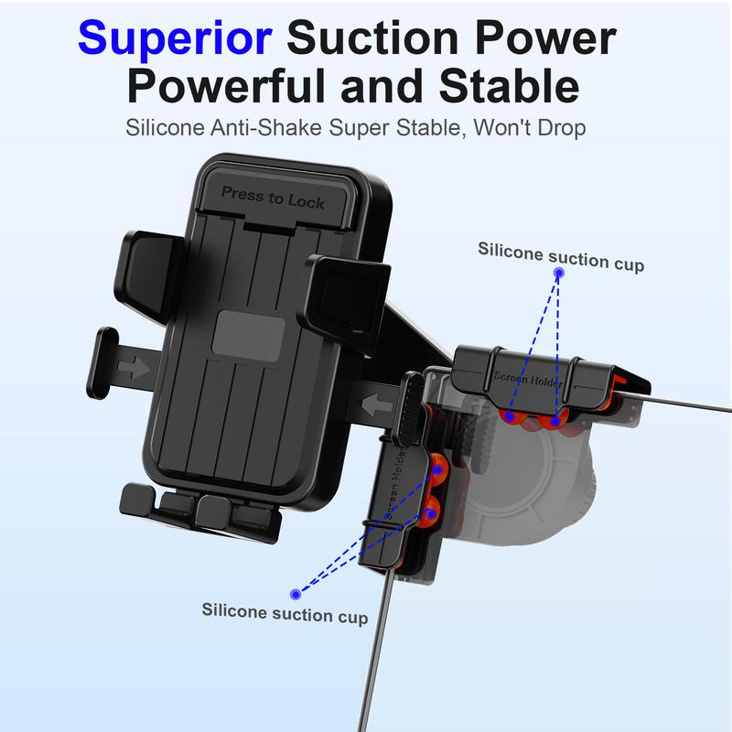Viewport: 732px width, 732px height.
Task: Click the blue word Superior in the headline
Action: tap(175, 39)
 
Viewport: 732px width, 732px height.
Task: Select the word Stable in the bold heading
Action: tap(510, 86)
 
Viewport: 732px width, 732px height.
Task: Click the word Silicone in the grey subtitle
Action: tap(165, 127)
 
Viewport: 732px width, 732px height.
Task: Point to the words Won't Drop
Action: tap(530, 127)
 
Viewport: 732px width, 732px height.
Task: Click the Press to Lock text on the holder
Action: tap(273, 198)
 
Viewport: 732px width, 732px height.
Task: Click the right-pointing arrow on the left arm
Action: tap(134, 367)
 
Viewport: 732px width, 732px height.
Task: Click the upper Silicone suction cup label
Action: tap(561, 256)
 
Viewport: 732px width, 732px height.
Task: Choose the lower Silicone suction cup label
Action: tap(285, 613)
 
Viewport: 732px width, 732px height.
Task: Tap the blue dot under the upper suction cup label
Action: tap(559, 273)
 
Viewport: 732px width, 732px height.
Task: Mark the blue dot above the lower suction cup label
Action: tap(296, 594)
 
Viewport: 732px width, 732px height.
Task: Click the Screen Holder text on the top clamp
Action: tap(528, 380)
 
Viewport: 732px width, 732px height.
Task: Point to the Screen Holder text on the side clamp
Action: tap(395, 482)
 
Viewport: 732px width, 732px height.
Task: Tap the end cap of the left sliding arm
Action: tap(102, 363)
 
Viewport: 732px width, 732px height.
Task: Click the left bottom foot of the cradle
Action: tap(138, 500)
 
